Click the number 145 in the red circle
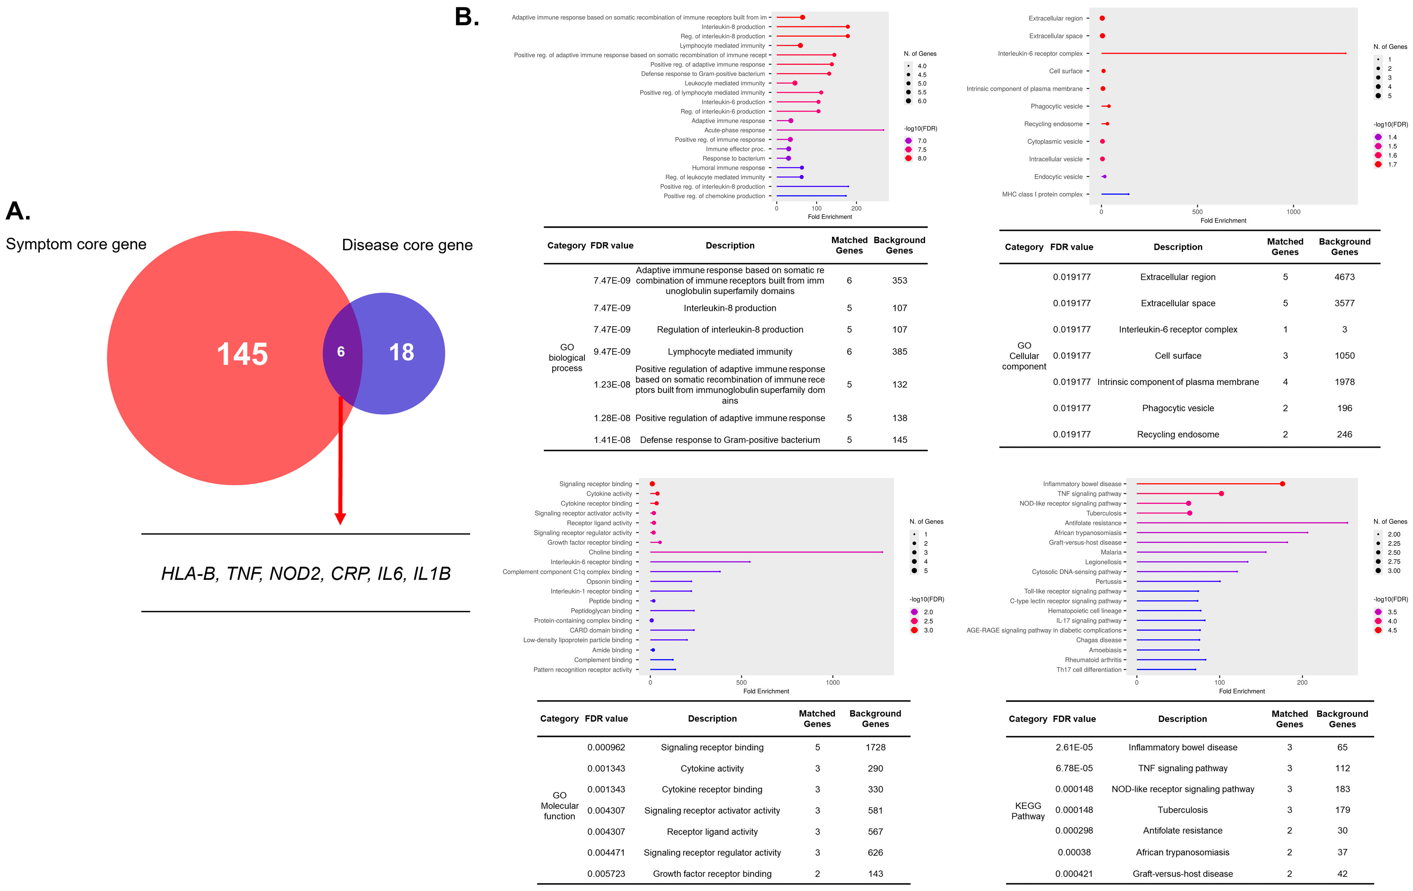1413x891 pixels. click(x=242, y=354)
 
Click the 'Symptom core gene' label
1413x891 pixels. click(x=76, y=244)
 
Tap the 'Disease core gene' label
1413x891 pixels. click(x=407, y=245)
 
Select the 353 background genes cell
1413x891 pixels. click(x=900, y=281)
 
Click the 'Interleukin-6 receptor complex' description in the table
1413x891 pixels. click(x=1178, y=329)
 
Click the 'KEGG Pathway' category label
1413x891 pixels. click(x=1028, y=810)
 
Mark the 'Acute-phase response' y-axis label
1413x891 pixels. click(x=735, y=130)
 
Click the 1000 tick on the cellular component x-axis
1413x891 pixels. click(x=1293, y=212)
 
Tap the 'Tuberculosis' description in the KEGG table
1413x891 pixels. click(x=1182, y=810)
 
